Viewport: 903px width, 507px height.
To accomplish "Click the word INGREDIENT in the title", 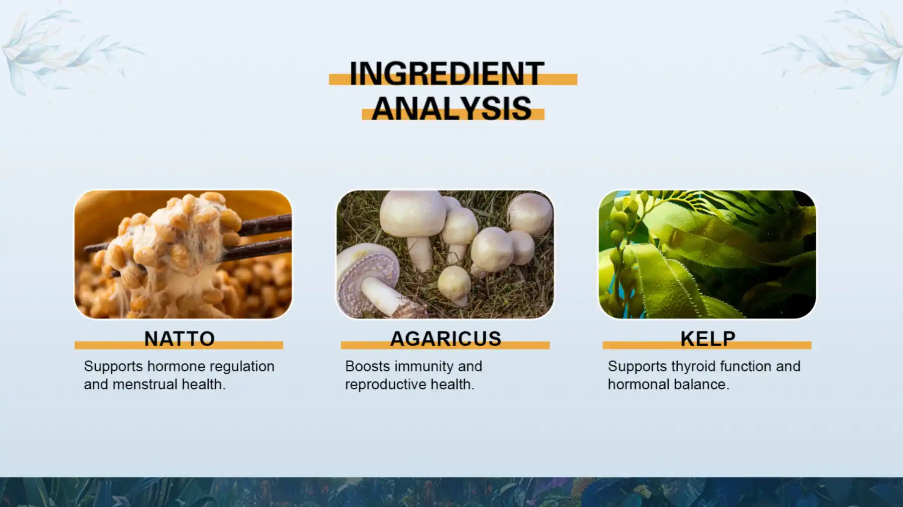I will (446, 74).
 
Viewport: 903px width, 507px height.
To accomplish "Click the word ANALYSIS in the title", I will (452, 108).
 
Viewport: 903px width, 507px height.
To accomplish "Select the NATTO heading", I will (179, 339).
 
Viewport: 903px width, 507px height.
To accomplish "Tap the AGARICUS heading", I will (445, 339).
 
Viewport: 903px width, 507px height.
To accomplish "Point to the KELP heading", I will (707, 339).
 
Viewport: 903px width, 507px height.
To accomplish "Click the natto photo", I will (183, 254).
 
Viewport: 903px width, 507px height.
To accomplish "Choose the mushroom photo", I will (445, 254).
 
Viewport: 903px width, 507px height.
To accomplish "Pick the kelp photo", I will (707, 254).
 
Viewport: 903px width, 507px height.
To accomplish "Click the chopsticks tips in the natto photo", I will (95, 248).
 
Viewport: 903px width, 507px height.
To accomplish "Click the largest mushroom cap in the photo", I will (412, 213).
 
